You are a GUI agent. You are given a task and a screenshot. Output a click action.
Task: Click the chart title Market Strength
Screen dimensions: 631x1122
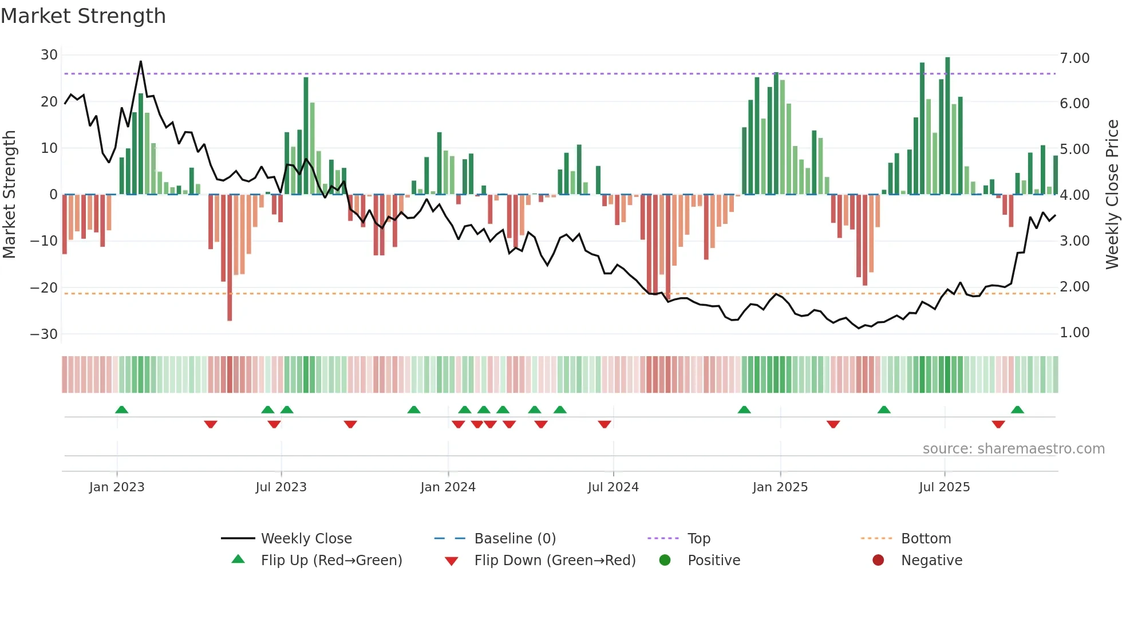(83, 16)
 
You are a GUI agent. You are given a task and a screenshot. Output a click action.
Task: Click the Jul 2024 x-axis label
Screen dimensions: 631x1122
(613, 487)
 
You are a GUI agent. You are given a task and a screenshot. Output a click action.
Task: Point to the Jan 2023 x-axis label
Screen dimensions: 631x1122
(117, 487)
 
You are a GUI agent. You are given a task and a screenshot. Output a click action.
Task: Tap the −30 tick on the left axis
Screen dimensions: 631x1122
(44, 334)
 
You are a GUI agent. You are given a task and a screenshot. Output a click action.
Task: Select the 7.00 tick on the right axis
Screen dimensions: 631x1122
(1074, 58)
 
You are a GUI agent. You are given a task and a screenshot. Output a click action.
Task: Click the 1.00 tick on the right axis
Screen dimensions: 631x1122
(1074, 333)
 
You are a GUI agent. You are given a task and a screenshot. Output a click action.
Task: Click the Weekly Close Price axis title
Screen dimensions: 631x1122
(1112, 195)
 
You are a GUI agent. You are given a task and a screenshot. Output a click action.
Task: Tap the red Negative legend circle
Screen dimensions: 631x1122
(878, 561)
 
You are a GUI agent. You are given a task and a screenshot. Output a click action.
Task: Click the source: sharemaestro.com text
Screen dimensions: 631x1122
(1013, 449)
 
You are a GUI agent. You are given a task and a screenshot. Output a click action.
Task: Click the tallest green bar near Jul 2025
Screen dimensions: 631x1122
(947, 126)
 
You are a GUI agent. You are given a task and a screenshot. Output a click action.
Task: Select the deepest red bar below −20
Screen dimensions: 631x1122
(230, 258)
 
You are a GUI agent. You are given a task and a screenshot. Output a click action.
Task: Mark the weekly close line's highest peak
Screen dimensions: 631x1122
(141, 62)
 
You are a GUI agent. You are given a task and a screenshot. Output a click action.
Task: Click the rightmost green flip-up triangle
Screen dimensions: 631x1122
(1017, 410)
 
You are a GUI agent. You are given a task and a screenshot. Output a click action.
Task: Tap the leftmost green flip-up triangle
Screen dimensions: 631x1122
(121, 410)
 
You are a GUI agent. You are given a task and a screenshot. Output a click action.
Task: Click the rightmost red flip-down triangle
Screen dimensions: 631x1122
(998, 424)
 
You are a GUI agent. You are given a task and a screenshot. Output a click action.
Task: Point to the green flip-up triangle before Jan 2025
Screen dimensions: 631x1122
(744, 410)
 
